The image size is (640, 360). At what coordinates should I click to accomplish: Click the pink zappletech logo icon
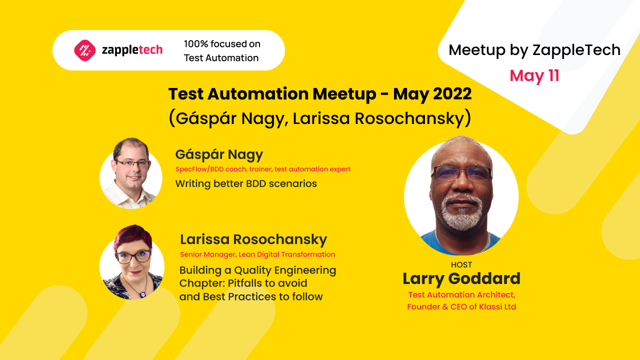point(85,50)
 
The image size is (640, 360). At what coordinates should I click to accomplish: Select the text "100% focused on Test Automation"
point(221,50)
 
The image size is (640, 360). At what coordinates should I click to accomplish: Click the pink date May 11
point(534,76)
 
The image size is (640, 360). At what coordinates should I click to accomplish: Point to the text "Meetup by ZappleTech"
point(534,50)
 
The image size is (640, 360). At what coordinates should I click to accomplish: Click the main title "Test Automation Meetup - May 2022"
point(320,94)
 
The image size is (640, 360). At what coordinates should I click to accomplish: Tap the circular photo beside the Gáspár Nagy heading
point(131,173)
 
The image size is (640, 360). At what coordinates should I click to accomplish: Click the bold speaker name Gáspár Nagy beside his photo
point(219,154)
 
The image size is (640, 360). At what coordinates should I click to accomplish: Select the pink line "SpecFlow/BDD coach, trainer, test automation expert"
point(263,169)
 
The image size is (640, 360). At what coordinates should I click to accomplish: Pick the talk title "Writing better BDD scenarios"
point(246,183)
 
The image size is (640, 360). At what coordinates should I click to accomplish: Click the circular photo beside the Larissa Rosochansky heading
point(132,262)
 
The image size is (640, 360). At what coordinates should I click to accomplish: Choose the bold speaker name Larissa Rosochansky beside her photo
point(253,239)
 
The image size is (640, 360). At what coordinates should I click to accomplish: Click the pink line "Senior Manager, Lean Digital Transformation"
point(257,254)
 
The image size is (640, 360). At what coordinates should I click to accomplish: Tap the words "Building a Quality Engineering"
point(257,270)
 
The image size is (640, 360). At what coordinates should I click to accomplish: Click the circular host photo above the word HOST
point(461,196)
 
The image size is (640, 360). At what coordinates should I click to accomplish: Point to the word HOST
point(461,265)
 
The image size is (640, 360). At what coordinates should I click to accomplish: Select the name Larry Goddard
point(461,279)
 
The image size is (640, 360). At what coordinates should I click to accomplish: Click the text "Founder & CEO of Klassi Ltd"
point(461,307)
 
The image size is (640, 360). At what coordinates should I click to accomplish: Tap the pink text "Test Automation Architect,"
point(461,295)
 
